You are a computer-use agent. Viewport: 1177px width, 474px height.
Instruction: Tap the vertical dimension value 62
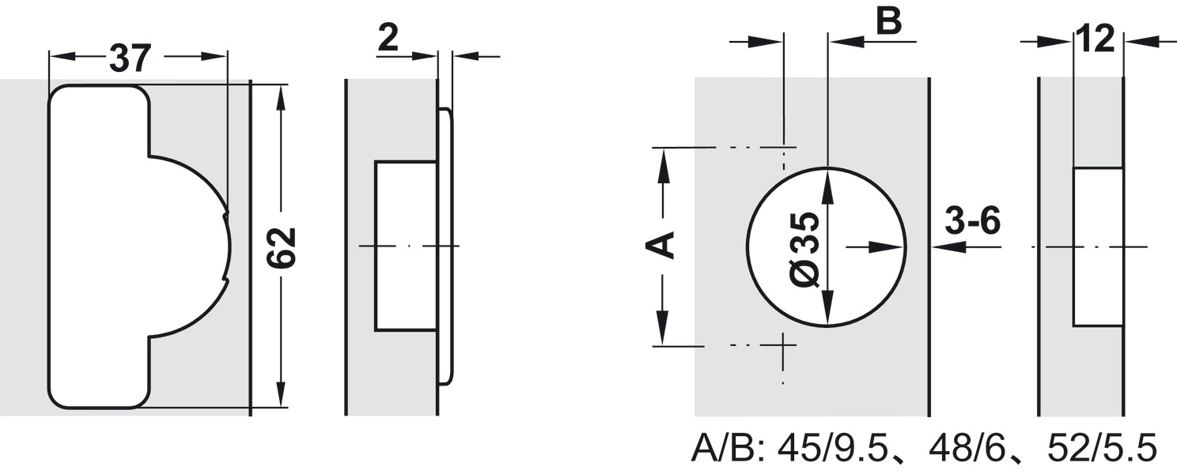point(280,247)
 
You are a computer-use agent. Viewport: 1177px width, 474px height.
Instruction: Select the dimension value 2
point(388,38)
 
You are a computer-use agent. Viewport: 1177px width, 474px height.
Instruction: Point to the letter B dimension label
point(888,22)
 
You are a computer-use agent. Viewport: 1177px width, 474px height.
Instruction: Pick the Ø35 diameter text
point(804,250)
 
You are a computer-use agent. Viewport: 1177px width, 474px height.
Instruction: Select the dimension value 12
point(1096,38)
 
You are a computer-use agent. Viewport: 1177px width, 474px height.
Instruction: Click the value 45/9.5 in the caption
point(842,450)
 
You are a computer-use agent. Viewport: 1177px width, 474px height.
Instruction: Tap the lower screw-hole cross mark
point(783,346)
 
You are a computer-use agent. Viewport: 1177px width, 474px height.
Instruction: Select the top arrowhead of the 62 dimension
point(280,96)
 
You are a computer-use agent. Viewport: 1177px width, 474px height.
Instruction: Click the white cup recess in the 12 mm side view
point(1098,247)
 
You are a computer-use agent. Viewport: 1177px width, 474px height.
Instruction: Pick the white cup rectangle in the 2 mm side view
point(406,246)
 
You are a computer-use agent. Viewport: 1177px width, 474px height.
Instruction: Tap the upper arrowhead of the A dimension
point(663,162)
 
